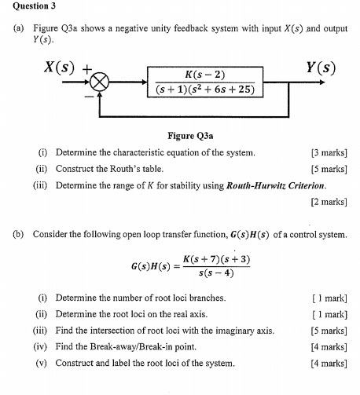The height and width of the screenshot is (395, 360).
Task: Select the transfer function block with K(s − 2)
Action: [x=204, y=80]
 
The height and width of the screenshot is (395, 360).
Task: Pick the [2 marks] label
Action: [x=329, y=202]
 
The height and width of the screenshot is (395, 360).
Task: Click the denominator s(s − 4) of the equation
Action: [x=216, y=273]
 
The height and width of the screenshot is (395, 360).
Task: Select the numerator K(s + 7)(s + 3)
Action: [x=216, y=259]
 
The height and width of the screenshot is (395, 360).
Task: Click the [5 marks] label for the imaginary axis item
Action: [x=329, y=331]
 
